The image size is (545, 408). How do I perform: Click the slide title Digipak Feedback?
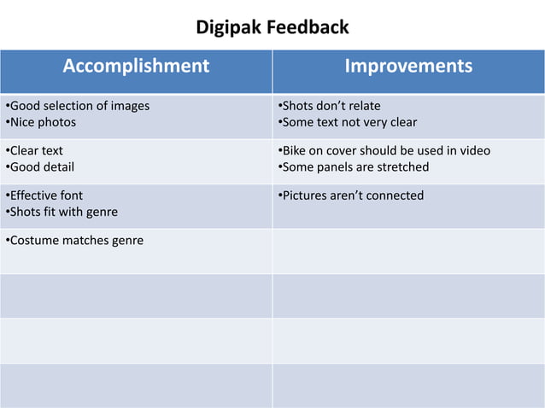[x=272, y=27]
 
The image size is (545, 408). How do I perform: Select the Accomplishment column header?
[x=136, y=66]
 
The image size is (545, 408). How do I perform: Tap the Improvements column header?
[x=407, y=66]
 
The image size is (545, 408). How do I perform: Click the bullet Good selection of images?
[x=78, y=106]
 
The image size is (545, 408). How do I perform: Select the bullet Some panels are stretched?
[x=354, y=166]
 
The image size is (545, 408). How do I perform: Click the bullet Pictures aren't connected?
[x=351, y=195]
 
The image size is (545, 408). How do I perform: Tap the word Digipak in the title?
[x=227, y=27]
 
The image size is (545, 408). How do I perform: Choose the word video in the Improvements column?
[x=474, y=151]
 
